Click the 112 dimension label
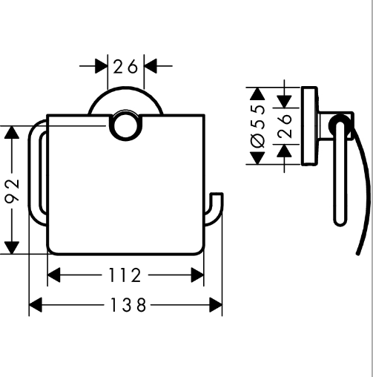point(125,275)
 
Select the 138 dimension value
point(128,305)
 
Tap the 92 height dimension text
point(13,191)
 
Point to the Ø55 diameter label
point(258,126)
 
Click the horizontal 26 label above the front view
point(125,66)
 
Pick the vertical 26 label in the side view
point(285,125)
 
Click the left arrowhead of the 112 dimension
point(53,275)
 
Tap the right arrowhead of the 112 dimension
point(197,275)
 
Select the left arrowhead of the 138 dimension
point(36,305)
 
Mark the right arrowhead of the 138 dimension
point(216,305)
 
